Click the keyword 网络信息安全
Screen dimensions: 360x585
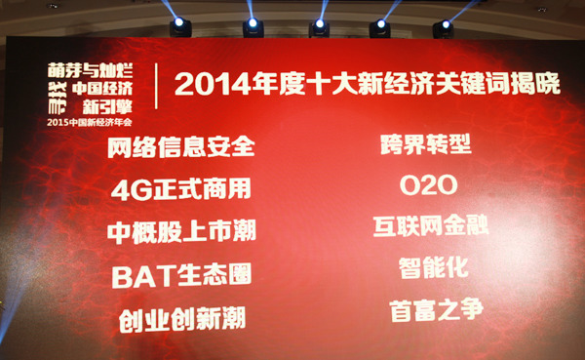(182, 148)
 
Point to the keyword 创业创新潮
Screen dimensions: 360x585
(183, 318)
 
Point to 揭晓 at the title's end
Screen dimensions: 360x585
(537, 84)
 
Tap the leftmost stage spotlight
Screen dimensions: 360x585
(180, 26)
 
